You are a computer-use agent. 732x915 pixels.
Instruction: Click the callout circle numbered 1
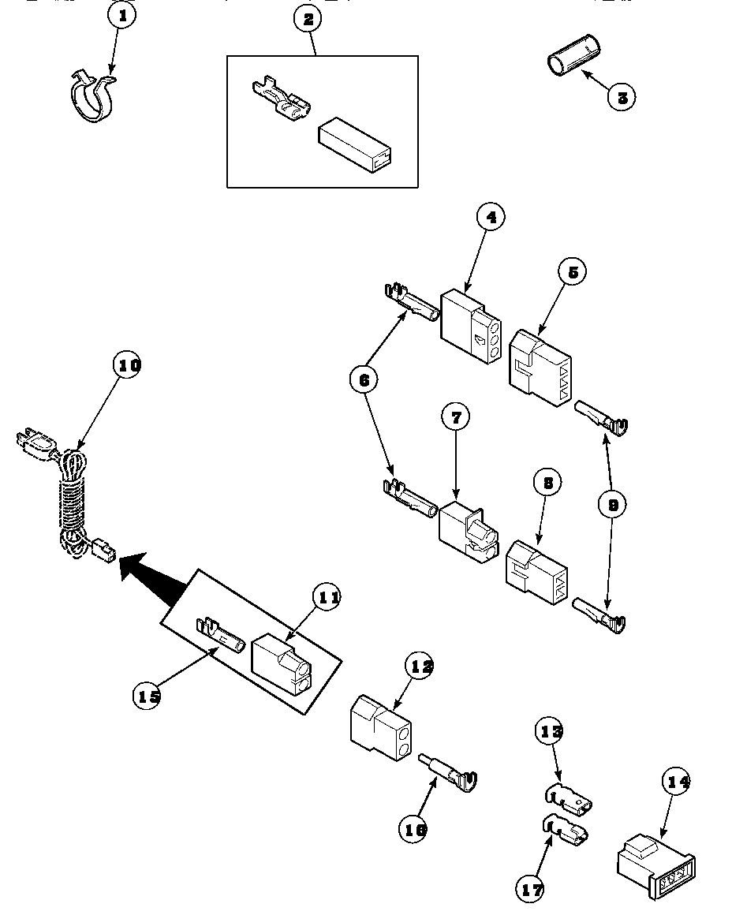click(121, 15)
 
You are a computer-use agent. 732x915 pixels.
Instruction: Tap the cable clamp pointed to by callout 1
click(88, 98)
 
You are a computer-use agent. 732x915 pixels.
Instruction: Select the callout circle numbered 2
click(308, 20)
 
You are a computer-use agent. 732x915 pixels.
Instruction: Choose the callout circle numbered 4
click(490, 217)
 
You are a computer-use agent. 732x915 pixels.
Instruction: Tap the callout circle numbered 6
click(364, 380)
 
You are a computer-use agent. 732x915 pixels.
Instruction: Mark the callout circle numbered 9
click(611, 504)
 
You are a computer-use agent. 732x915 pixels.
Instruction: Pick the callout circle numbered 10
click(129, 366)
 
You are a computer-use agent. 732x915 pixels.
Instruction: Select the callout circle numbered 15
click(147, 696)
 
